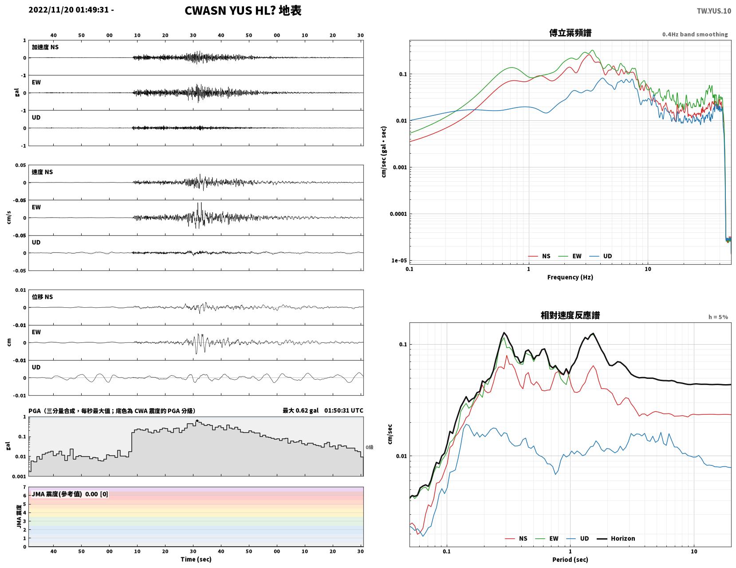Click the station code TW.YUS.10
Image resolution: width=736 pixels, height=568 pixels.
(x=714, y=11)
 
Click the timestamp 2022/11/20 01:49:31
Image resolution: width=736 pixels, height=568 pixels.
(x=68, y=10)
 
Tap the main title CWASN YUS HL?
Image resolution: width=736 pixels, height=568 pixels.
(x=230, y=11)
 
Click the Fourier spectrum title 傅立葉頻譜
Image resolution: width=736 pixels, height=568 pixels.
(x=570, y=33)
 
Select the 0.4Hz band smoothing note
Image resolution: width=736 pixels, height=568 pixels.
(x=695, y=34)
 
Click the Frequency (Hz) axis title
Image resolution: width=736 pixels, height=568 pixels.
(x=570, y=277)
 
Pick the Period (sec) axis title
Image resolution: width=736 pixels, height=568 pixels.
(x=570, y=560)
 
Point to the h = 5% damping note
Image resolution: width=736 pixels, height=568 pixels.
(x=718, y=317)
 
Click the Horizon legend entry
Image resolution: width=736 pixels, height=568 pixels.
(x=616, y=539)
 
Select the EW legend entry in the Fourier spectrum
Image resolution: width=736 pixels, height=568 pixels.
(x=570, y=256)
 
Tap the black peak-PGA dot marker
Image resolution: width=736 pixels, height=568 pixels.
(x=197, y=421)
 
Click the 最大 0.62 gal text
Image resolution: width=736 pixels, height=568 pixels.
(x=300, y=410)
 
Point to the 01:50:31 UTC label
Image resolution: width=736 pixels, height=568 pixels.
(x=343, y=410)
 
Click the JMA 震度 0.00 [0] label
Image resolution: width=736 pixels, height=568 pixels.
(x=70, y=494)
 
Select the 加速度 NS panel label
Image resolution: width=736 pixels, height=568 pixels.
(x=45, y=47)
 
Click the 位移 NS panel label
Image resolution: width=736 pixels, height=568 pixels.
(x=42, y=297)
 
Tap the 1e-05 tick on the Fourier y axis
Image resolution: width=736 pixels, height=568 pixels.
(x=399, y=261)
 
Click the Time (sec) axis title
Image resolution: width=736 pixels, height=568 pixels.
(x=196, y=559)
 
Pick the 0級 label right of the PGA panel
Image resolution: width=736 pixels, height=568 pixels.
(x=369, y=447)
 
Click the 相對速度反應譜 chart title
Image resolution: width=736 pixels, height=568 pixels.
(x=570, y=315)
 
